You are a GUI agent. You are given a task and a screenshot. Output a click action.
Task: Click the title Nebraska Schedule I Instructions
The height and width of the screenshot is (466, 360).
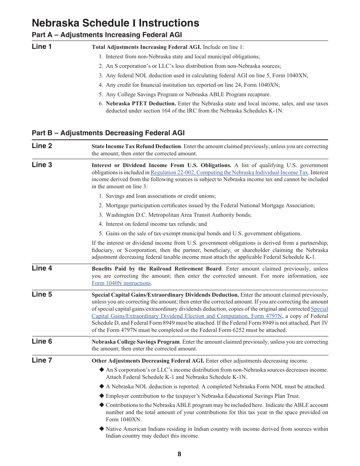tap(116, 23)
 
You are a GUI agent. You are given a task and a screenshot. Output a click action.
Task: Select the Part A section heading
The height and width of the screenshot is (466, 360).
tap(107, 35)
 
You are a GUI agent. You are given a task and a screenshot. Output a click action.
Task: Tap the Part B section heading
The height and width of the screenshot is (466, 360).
tap(108, 133)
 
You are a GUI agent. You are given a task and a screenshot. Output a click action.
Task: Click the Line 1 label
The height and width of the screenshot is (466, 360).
tap(42, 47)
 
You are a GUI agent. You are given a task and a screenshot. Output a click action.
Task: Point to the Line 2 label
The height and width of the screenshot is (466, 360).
tap(42, 146)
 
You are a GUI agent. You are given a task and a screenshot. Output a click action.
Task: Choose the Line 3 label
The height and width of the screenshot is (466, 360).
tap(42, 165)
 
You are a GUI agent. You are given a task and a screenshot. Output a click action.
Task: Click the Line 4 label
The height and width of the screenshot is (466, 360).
tap(42, 268)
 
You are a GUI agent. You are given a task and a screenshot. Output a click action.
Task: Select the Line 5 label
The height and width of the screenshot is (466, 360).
tap(42, 294)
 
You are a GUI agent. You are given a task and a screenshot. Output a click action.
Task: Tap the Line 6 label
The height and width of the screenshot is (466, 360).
tap(42, 341)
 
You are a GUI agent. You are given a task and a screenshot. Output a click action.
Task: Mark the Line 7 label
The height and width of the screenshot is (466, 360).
tap(42, 360)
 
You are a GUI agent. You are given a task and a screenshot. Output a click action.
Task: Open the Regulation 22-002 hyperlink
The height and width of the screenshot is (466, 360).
tap(229, 172)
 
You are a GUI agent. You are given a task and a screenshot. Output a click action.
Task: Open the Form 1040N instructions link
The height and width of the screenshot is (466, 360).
tap(121, 283)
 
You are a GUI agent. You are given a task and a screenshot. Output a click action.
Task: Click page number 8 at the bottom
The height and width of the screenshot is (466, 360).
tap(179, 454)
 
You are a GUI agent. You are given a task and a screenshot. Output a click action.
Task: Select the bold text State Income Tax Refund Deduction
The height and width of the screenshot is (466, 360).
tap(136, 146)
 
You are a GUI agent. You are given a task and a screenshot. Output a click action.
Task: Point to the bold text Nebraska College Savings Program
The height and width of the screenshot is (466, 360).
tap(136, 342)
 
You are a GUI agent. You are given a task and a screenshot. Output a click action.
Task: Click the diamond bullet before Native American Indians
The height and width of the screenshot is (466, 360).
tap(102, 429)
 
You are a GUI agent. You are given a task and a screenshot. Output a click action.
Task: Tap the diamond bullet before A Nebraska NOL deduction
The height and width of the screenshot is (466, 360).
tap(102, 386)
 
